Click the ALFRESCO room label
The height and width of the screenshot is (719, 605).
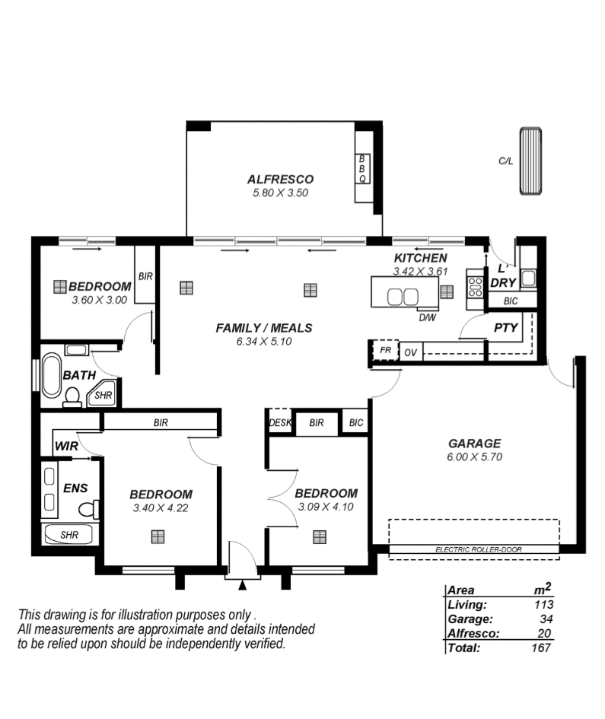point(280,180)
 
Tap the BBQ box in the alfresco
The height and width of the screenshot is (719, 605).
point(362,169)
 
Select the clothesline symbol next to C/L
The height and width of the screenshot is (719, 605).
point(530,161)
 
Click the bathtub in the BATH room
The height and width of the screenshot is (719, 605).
point(51,374)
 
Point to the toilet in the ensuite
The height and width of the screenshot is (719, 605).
point(88,508)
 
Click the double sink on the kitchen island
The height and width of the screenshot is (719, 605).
point(403,296)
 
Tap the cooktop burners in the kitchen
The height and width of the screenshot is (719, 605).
point(475,286)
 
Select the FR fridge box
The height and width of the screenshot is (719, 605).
point(385,350)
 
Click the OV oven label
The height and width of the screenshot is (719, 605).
point(410,352)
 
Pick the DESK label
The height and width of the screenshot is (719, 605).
point(280,422)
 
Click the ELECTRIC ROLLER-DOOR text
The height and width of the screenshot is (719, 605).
point(479,549)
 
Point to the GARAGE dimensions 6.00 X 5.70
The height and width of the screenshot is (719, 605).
point(474,457)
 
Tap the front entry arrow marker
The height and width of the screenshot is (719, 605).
point(242,584)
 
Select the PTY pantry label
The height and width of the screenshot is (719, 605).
point(505,327)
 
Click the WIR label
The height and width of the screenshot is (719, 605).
point(66,446)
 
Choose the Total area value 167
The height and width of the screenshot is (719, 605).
point(541,647)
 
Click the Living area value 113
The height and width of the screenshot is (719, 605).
point(544,604)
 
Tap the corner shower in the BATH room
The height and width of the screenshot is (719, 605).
point(101,393)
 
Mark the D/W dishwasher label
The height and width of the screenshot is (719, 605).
point(428,317)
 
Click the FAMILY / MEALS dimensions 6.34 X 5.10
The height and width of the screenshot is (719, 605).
point(264,341)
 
